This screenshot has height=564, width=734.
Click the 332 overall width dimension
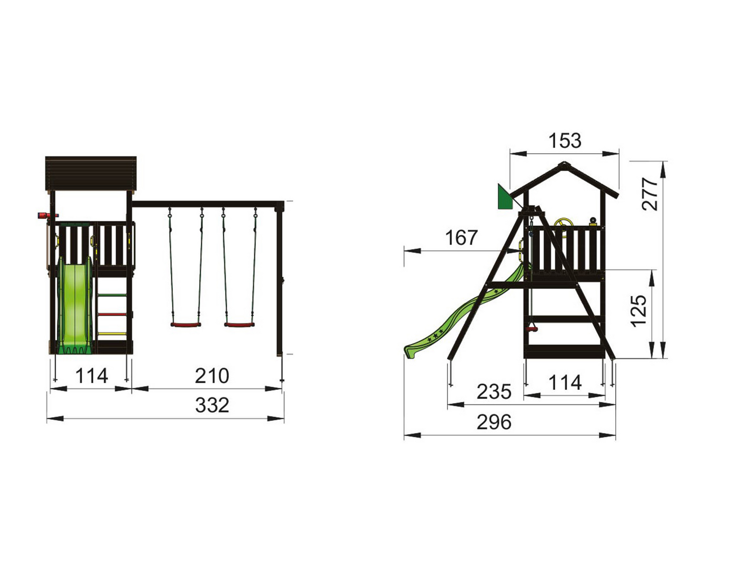coord(212,406)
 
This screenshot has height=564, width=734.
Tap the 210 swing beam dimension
coord(212,376)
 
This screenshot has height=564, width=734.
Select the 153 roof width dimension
coord(565,141)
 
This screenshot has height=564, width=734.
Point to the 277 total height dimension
coord(650,194)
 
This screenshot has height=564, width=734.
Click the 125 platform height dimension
coord(638,310)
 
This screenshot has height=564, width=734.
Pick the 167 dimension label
coord(461,237)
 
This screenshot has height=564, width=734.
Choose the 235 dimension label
coord(494,392)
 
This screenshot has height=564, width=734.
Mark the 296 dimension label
coord(494,422)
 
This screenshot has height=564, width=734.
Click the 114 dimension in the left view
coord(92,376)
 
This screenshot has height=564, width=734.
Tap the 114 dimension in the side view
coord(565,383)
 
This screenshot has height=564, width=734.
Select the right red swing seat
coord(240,324)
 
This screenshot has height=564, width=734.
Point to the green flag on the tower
coord(505,198)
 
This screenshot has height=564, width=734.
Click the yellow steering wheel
coord(563,224)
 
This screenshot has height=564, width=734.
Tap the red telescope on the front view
coord(42,216)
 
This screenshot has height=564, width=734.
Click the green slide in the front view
coord(75,306)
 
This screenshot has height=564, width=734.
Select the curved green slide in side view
coord(459,321)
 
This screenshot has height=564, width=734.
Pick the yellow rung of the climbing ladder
coord(112,334)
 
